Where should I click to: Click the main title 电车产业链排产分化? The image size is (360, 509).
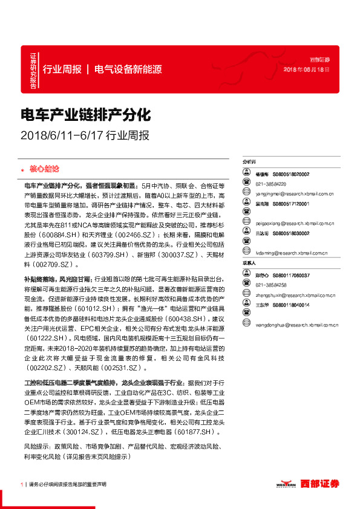point(85,114)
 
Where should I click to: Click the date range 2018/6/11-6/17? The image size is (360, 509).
point(62,135)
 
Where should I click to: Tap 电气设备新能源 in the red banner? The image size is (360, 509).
point(128,69)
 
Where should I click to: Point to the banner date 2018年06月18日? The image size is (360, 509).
point(307,70)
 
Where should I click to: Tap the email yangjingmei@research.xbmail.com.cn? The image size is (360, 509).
point(293,193)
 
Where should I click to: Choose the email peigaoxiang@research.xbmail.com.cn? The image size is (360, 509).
point(295,223)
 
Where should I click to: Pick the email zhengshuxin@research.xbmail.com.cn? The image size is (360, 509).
point(294,296)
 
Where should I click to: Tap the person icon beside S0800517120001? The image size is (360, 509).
point(247,204)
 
